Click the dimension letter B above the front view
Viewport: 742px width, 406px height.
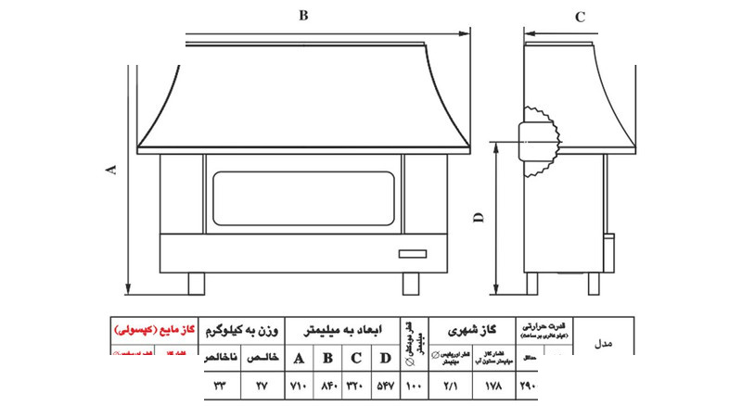(x=302, y=15)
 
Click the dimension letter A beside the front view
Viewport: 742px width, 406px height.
(x=112, y=169)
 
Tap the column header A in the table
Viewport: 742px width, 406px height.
(x=299, y=359)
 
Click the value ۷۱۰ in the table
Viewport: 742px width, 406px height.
(x=299, y=385)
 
